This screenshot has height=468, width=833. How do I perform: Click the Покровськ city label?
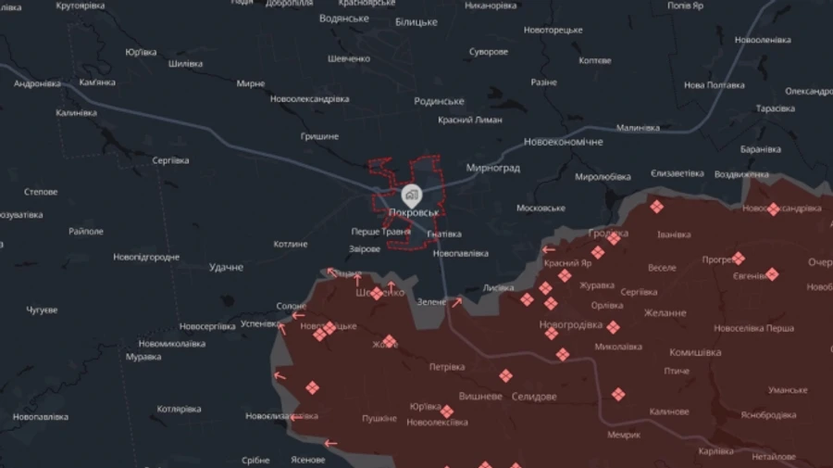pos(412,213)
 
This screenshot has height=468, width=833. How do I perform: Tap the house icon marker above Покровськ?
pos(412,195)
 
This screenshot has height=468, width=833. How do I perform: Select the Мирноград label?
pos(493,169)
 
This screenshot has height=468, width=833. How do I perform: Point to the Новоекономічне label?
pos(563,142)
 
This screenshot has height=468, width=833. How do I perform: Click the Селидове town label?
pos(533,397)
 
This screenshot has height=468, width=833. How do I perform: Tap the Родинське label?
pos(439,101)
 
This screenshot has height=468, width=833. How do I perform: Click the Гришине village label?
pos(319,136)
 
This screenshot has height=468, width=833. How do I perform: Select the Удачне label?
pos(226,267)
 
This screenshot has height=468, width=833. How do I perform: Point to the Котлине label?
pos(290,244)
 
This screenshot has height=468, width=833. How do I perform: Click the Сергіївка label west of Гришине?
pos(170,160)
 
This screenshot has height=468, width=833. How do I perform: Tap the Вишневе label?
pos(479,396)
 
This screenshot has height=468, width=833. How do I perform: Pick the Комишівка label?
pos(694,352)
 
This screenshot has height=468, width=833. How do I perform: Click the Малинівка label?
pos(638,128)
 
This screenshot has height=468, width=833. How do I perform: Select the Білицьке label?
pos(416,21)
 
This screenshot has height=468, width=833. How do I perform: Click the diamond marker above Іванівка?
pos(656,207)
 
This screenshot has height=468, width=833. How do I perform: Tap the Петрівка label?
pos(446,367)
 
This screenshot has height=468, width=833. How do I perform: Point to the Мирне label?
pos(250,83)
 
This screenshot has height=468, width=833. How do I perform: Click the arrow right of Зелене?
pos(455,301)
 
